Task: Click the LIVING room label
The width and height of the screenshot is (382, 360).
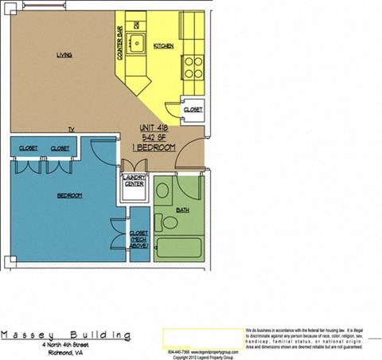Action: tap(64, 55)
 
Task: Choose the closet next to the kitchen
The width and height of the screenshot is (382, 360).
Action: tap(193, 109)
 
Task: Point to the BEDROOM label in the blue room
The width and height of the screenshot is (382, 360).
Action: tap(70, 195)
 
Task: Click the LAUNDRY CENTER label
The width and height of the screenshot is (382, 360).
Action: tap(133, 183)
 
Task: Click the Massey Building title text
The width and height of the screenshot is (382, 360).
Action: tap(65, 335)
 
